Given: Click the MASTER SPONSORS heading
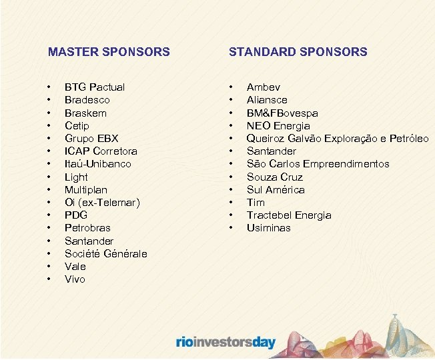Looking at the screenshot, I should (x=109, y=51).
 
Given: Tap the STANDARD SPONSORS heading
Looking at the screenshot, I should (x=298, y=51).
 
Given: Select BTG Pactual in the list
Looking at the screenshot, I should (x=94, y=87).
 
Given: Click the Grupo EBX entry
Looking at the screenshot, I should (x=91, y=139).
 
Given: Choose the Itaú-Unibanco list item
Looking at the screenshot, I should (x=97, y=164).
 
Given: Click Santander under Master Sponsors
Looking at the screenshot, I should (x=89, y=241).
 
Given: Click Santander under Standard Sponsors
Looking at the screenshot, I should (x=272, y=151).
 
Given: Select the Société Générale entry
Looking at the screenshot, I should (x=105, y=254).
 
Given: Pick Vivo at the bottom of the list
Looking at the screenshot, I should (x=75, y=279).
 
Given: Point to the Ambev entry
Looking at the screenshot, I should (x=264, y=87).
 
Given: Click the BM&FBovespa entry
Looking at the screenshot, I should (x=282, y=113).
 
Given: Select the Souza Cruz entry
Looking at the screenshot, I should (x=274, y=177).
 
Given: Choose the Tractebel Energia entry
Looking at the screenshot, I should (x=289, y=215).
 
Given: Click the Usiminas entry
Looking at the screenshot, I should (x=269, y=228).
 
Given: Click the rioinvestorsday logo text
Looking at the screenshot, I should (x=226, y=343).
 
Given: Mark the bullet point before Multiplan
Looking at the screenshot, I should (x=49, y=190).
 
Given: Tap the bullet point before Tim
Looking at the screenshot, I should (x=231, y=203).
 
